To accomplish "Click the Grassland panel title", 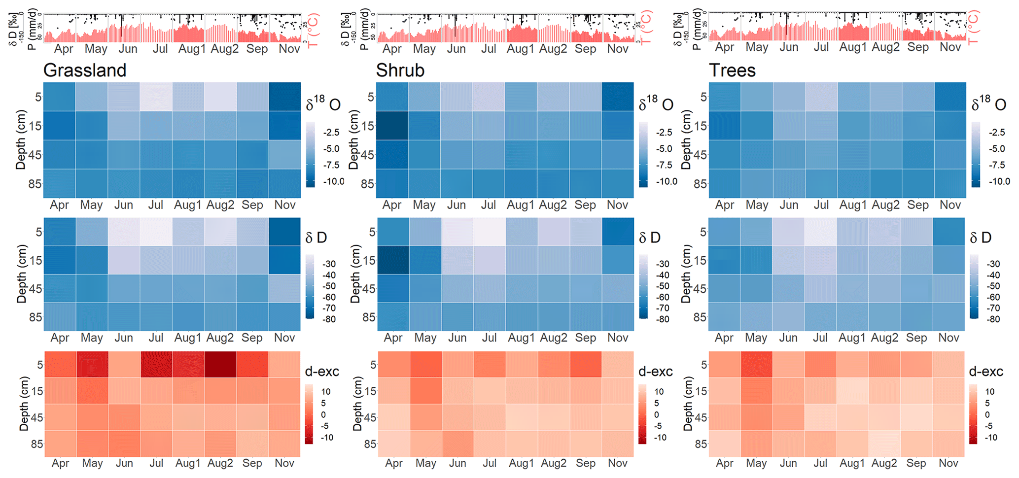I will (x=85, y=70).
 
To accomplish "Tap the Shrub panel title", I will (x=400, y=70).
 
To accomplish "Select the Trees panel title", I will (x=732, y=70).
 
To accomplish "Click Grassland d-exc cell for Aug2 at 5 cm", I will (x=220, y=364).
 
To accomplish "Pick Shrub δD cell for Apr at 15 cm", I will (x=392, y=260).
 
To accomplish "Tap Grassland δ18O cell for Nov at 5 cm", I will (x=284, y=97).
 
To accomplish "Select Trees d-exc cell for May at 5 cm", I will (x=756, y=364).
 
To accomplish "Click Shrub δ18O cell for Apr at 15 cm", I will (x=392, y=125).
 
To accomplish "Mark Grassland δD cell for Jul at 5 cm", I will (x=156, y=232).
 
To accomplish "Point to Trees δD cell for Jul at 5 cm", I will (x=820, y=232).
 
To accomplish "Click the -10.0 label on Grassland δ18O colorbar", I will (x=334, y=181).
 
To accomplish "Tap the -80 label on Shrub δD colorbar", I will (x=663, y=319).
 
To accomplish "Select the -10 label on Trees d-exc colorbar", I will (x=991, y=437).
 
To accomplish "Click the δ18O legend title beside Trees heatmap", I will (x=988, y=103).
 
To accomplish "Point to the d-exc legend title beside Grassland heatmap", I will (x=322, y=372).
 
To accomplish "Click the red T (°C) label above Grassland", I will (x=313, y=30).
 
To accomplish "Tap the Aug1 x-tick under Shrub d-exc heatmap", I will (x=521, y=463).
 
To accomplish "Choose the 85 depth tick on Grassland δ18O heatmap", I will (x=35, y=183).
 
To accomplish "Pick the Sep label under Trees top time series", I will (x=918, y=47).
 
